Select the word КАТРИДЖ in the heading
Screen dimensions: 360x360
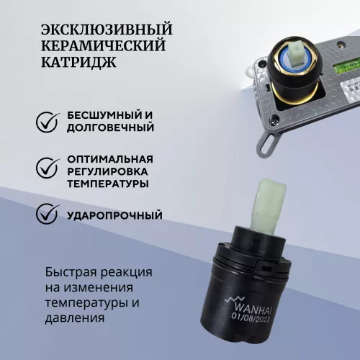click(78, 63)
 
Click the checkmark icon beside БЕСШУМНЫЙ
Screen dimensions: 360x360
click(48, 122)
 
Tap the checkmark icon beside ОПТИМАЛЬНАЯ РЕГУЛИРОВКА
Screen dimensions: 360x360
click(48, 168)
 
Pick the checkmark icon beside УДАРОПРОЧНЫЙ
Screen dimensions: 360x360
click(48, 214)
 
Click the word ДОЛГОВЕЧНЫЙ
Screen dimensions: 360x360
click(110, 128)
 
